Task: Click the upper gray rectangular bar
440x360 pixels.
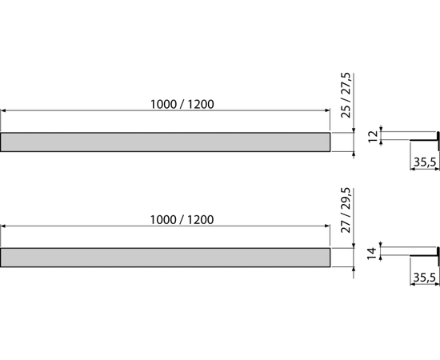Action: click(x=165, y=142)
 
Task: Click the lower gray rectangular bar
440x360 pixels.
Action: click(x=165, y=258)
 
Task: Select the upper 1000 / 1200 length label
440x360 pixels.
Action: click(x=182, y=104)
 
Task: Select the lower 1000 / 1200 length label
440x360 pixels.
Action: click(x=182, y=220)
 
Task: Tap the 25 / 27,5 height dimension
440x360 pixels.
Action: click(x=346, y=95)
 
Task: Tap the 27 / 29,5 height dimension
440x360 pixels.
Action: click(x=346, y=210)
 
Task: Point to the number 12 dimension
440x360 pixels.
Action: click(x=374, y=136)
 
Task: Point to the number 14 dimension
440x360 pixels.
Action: click(x=372, y=253)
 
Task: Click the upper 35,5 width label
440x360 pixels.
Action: click(x=425, y=162)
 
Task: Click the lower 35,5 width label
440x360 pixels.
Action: click(x=425, y=278)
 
